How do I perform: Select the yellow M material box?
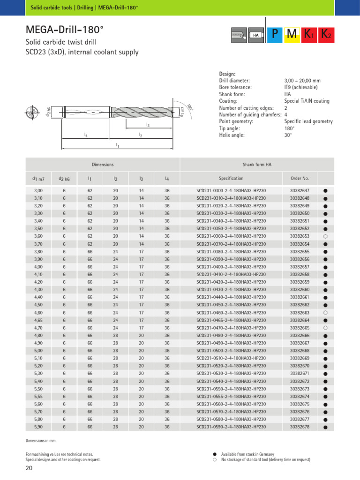coord(292,34)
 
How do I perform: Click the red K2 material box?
coord(326,34)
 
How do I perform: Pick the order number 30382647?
coord(300,191)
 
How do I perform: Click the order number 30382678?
coord(300,427)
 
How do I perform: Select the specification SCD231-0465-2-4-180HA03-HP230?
coord(231,320)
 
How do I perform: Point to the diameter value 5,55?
coord(38,396)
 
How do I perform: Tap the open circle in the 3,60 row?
coord(325,236)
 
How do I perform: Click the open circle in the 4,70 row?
coord(325,328)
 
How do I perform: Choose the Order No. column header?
coord(300,178)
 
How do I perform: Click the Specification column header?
coord(231,178)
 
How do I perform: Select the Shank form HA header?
coord(256,165)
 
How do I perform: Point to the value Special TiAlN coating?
coord(307,101)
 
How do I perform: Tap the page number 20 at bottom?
coord(29,468)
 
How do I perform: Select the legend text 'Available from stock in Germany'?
coord(247,454)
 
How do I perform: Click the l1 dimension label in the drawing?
coord(118,146)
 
